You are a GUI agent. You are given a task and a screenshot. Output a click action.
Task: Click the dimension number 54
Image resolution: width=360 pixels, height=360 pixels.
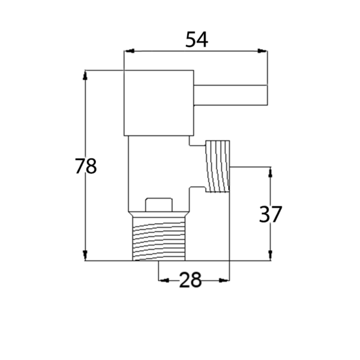click(197, 40)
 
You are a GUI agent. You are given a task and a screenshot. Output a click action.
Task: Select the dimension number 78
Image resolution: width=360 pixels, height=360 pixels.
click(86, 166)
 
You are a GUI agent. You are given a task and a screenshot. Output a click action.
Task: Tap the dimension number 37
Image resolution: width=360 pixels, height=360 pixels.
click(270, 214)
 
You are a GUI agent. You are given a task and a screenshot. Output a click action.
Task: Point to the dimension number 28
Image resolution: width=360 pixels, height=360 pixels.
click(190, 280)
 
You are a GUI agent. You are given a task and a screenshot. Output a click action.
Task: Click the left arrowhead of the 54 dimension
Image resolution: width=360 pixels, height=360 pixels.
click(129, 51)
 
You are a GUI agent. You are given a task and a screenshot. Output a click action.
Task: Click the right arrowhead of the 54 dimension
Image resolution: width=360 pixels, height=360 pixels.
click(262, 51)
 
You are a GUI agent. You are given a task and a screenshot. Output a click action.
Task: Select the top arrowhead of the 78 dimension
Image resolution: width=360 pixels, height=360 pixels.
click(85, 76)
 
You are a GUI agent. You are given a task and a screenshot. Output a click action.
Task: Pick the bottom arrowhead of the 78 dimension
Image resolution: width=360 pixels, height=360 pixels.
click(85, 256)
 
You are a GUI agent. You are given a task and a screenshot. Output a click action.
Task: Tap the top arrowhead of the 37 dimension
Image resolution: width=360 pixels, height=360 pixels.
click(270, 172)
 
